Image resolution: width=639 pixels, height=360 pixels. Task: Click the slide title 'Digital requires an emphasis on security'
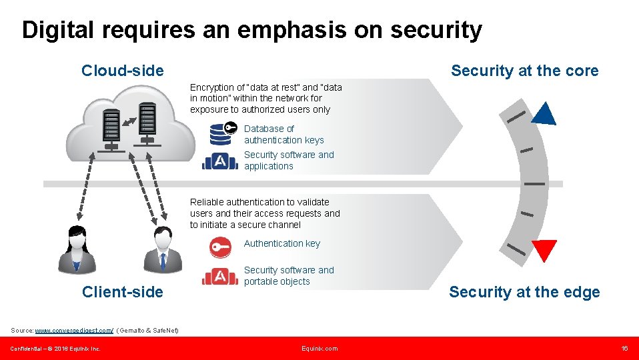point(251,30)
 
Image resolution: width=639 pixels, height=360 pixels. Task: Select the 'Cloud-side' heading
point(122,71)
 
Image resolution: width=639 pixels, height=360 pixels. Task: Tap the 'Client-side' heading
point(122,292)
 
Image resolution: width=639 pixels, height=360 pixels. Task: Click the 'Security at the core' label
point(524,71)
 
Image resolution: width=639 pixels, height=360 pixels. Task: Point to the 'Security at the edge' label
point(524,292)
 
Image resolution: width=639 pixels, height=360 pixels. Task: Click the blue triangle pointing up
point(544,115)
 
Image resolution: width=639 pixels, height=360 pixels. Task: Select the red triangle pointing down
point(544,250)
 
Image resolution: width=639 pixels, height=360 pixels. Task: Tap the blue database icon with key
point(222,133)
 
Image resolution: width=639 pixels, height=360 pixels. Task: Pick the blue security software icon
point(220,161)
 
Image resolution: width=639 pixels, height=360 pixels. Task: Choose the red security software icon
point(220,276)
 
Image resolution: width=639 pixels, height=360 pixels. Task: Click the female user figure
point(77,250)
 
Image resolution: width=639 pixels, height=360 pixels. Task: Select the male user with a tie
point(162,250)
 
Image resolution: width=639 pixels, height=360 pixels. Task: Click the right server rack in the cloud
point(147,123)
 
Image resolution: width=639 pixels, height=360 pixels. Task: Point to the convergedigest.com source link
point(74,331)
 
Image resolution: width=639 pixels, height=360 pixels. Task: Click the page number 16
point(624,349)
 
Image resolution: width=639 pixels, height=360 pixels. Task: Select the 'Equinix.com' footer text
point(319,349)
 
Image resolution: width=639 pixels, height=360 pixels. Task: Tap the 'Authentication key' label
point(281,243)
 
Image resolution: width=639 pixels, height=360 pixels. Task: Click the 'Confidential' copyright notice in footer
point(55,349)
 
